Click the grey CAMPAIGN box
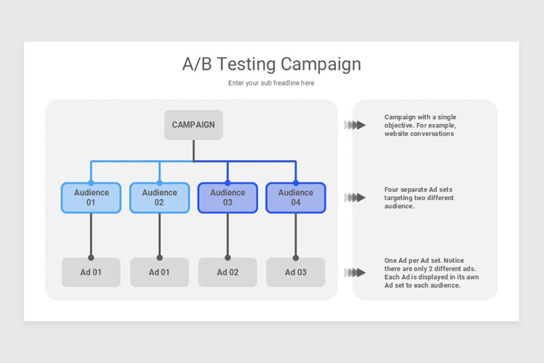(x=194, y=125)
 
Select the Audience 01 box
(x=91, y=198)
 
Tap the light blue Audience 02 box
(x=160, y=198)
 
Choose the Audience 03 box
(x=228, y=198)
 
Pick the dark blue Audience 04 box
(x=296, y=198)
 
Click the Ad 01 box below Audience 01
(x=91, y=272)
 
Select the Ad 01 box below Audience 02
(x=160, y=272)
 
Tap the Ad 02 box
(x=228, y=272)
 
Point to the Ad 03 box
(x=296, y=272)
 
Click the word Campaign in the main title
(x=321, y=64)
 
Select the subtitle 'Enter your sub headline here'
(x=271, y=83)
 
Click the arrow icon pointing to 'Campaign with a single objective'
(x=355, y=125)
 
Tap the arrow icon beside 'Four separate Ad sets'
(x=355, y=197)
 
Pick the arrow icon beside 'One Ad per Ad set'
(x=355, y=273)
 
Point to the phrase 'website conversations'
(x=419, y=134)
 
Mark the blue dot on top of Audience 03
(x=228, y=183)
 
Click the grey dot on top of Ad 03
(x=296, y=258)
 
